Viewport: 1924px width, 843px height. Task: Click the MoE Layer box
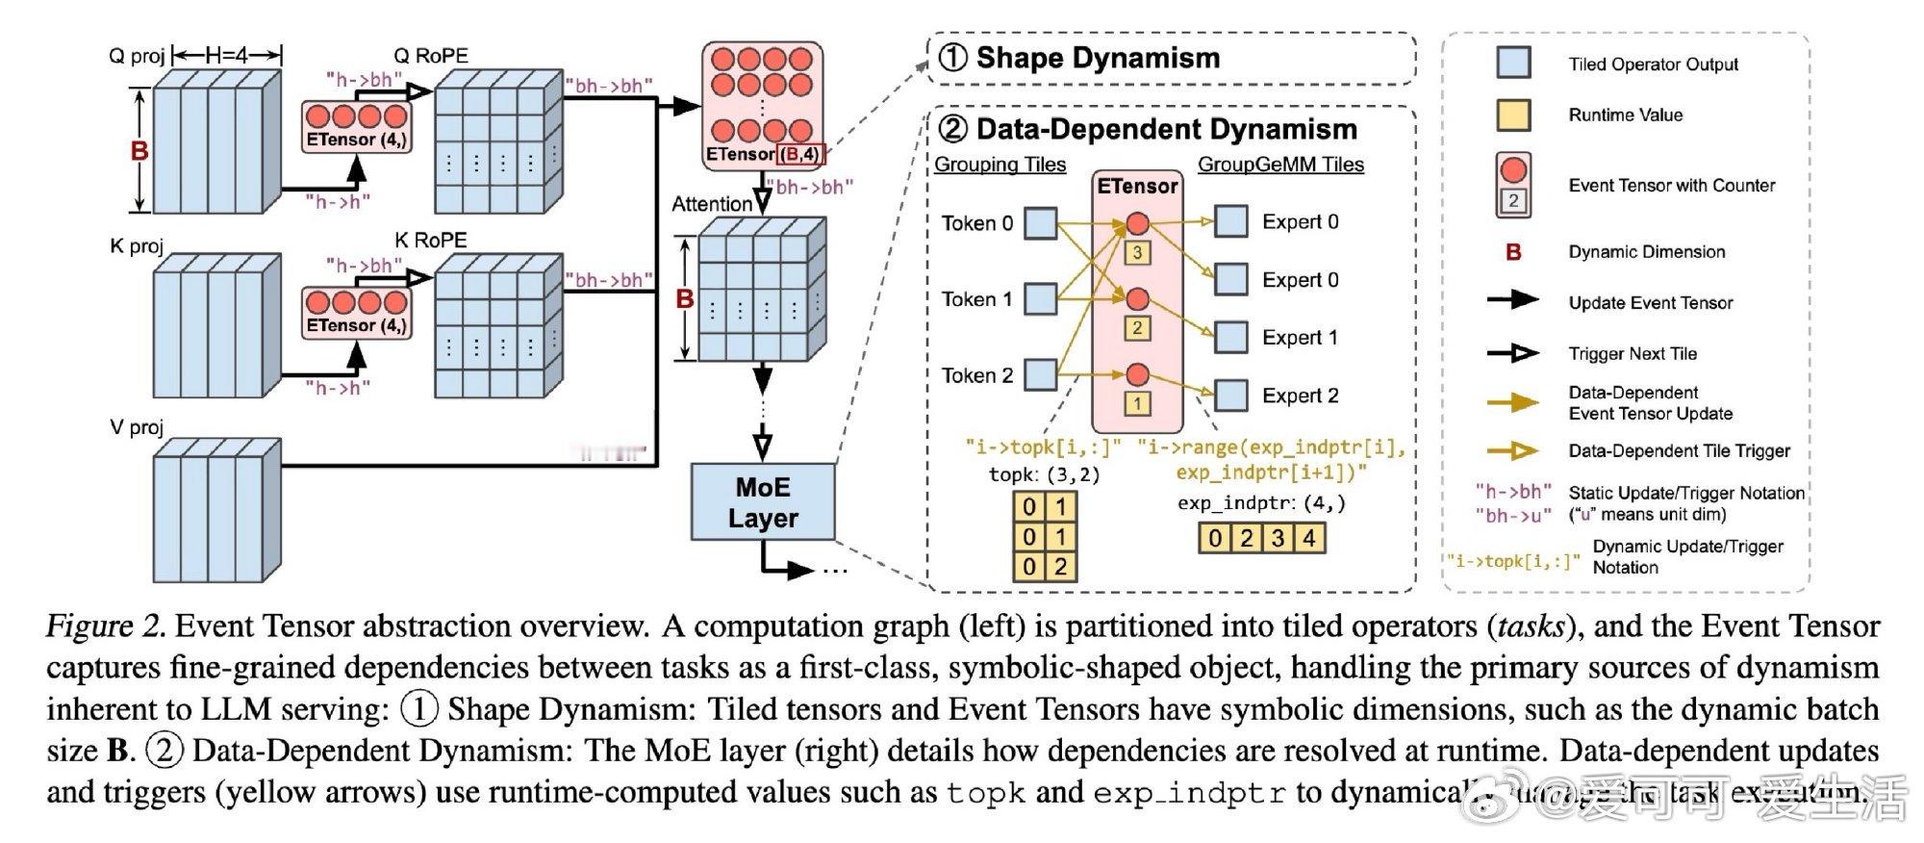pos(763,502)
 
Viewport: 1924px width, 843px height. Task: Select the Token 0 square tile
pos(1040,223)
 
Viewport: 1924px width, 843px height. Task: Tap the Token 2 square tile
pos(1040,374)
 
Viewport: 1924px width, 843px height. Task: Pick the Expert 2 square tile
pos(1231,396)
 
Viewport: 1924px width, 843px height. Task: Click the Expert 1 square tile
pos(1231,338)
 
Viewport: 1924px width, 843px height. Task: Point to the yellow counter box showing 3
pos(1137,253)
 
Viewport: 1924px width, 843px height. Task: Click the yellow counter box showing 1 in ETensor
pos(1137,403)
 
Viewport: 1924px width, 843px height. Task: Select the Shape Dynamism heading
pos(1098,58)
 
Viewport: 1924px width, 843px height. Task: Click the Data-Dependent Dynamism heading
pos(1166,129)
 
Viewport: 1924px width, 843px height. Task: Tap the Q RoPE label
pos(431,56)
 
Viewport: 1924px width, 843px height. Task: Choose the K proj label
pos(137,245)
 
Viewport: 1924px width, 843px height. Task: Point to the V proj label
pos(137,426)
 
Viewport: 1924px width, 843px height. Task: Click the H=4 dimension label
pos(227,55)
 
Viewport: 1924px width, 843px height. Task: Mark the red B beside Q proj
pos(139,151)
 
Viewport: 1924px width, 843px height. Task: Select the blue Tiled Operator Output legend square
pos(1513,63)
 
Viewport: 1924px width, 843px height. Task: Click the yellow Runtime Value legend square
pos(1513,115)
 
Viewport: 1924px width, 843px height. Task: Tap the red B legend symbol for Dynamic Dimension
pos(1513,252)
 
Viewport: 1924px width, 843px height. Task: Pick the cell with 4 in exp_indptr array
pos(1309,537)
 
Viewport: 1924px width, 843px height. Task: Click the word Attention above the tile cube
pos(712,204)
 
